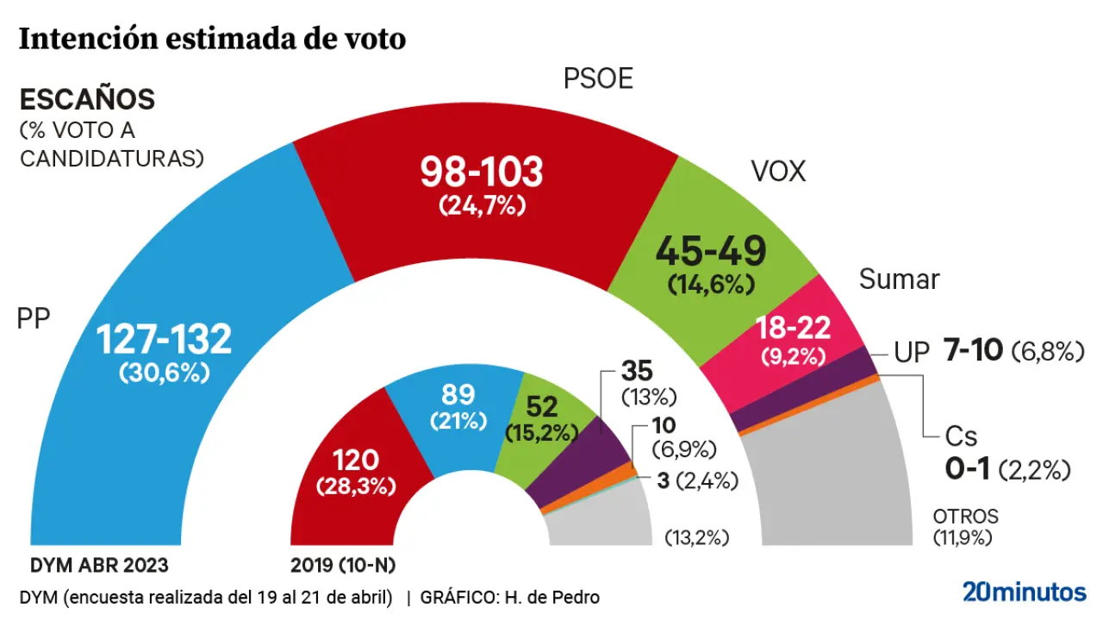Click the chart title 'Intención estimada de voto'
tap(212, 39)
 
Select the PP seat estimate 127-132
tap(163, 339)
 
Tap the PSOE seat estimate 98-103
tap(482, 172)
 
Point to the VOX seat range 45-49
tap(710, 251)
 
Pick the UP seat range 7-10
tap(973, 351)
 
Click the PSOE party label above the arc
tap(598, 79)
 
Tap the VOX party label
tap(778, 172)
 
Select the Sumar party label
tap(899, 279)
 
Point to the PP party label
tap(34, 320)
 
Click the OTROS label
tap(965, 517)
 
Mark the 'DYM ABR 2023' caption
tap(99, 566)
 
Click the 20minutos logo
tap(1024, 592)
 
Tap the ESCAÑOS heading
tap(87, 100)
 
